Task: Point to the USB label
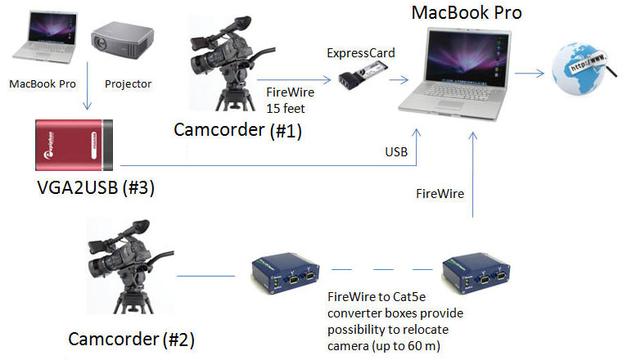(397, 152)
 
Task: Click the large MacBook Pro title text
(466, 12)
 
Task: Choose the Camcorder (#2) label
(132, 339)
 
